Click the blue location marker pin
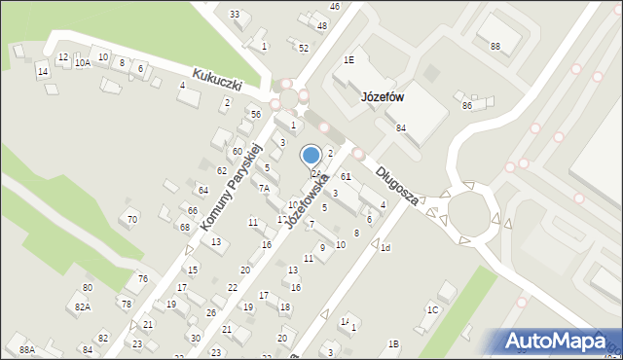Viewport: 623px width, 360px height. tap(311, 156)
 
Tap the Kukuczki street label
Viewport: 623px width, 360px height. tap(217, 79)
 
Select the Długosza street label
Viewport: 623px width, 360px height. tap(397, 185)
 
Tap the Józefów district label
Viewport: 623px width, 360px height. tap(383, 97)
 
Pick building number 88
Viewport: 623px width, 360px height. tap(495, 47)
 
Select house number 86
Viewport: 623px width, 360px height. tap(467, 105)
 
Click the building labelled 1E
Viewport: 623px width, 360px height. tap(348, 59)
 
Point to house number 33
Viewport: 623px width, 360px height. tap(234, 15)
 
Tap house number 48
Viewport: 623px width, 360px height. tap(322, 25)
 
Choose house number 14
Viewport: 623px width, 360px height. tap(42, 72)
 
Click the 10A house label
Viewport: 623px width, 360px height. tap(83, 62)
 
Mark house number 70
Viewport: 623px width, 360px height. tap(131, 220)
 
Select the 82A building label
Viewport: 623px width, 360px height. tap(84, 306)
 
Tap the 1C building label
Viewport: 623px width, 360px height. tap(433, 309)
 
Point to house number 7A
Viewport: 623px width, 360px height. tap(264, 188)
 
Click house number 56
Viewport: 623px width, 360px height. tap(256, 115)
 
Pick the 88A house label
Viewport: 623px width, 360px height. tap(27, 349)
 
